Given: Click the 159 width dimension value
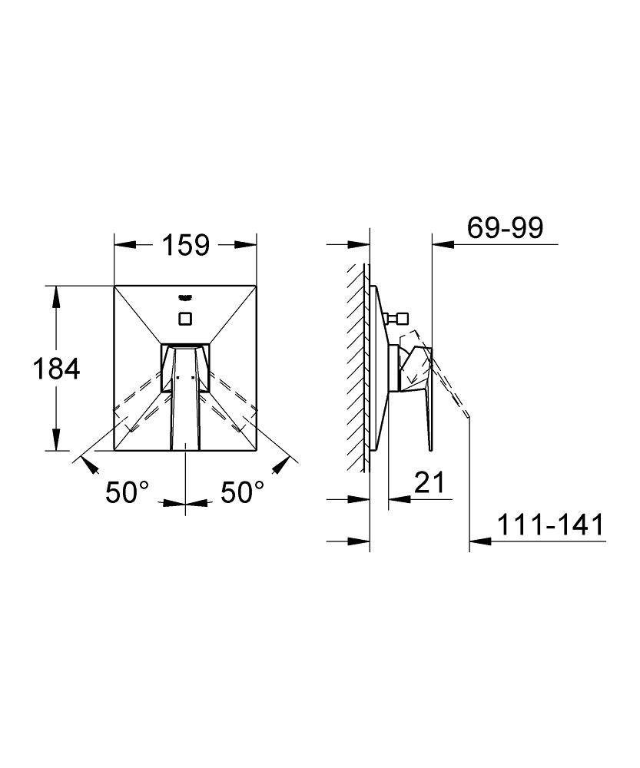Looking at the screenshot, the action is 186,245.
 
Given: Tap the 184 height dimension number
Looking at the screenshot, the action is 56,369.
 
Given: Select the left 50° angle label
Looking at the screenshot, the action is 127,492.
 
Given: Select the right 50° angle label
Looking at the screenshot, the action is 242,492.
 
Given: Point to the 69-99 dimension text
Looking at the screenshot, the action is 506,228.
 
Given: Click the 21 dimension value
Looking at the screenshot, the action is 429,482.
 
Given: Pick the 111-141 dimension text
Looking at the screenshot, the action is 551,525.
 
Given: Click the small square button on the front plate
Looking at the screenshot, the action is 185,319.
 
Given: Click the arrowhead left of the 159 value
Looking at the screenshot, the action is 124,245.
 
